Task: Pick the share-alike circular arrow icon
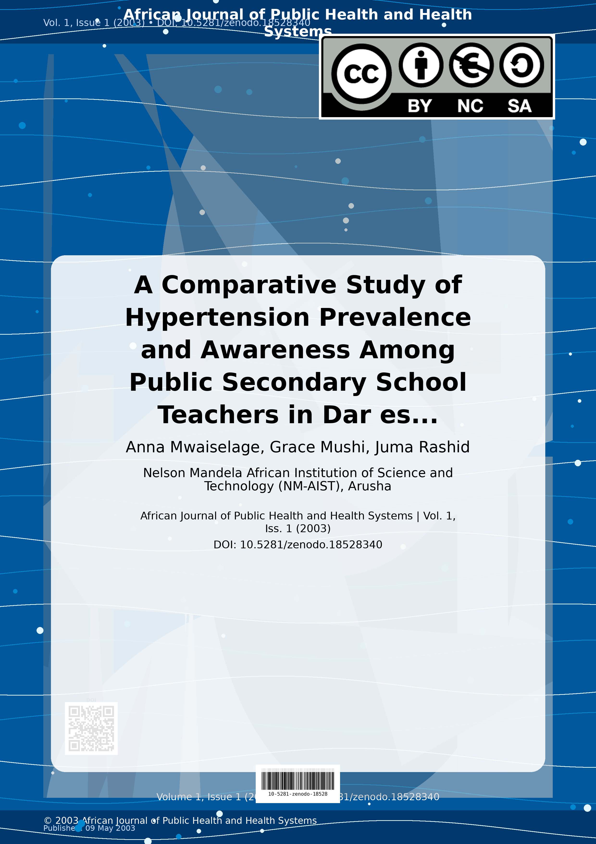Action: [x=521, y=65]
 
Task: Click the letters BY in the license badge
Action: [x=420, y=106]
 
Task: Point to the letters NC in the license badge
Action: [x=470, y=106]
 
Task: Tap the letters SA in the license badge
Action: [x=520, y=106]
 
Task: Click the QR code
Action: [x=91, y=728]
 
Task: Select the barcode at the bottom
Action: [x=298, y=780]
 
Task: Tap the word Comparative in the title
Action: [x=249, y=285]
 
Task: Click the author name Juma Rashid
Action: [x=422, y=447]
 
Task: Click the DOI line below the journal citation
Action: [x=298, y=544]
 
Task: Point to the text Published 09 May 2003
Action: [x=89, y=828]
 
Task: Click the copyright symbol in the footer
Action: [x=48, y=820]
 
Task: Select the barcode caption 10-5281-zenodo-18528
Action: [x=298, y=794]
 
